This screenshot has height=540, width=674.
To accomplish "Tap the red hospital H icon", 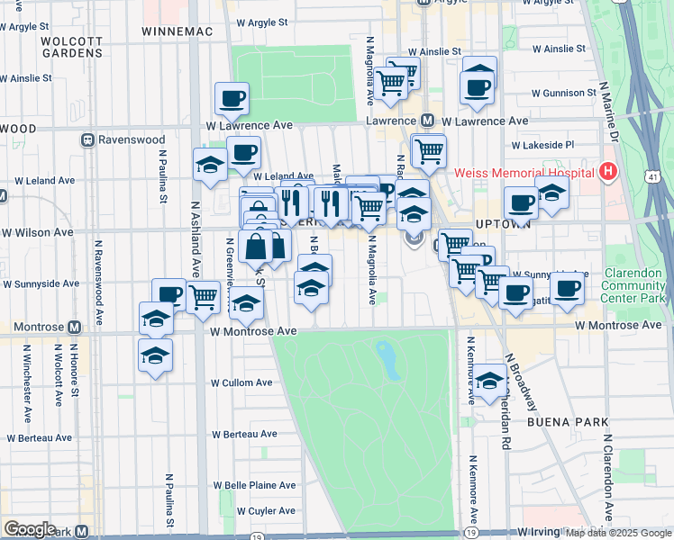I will pos(610,171).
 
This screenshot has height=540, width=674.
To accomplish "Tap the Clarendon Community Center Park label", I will pos(632,284).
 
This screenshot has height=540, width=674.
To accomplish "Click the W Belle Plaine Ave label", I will pos(257,485).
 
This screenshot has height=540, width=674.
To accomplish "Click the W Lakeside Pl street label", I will pos(542,145).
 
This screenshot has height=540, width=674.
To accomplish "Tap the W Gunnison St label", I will pos(564,93).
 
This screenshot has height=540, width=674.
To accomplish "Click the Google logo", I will pos(31,529).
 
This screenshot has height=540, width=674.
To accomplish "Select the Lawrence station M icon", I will pos(428,120).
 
